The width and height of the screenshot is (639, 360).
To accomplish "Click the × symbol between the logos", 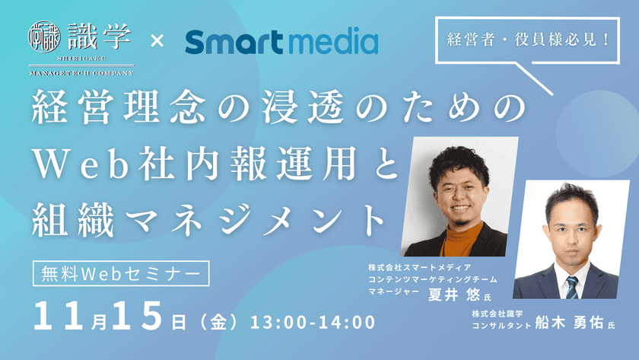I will coord(156,40).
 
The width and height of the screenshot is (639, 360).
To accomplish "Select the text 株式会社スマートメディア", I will coord(420,268).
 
